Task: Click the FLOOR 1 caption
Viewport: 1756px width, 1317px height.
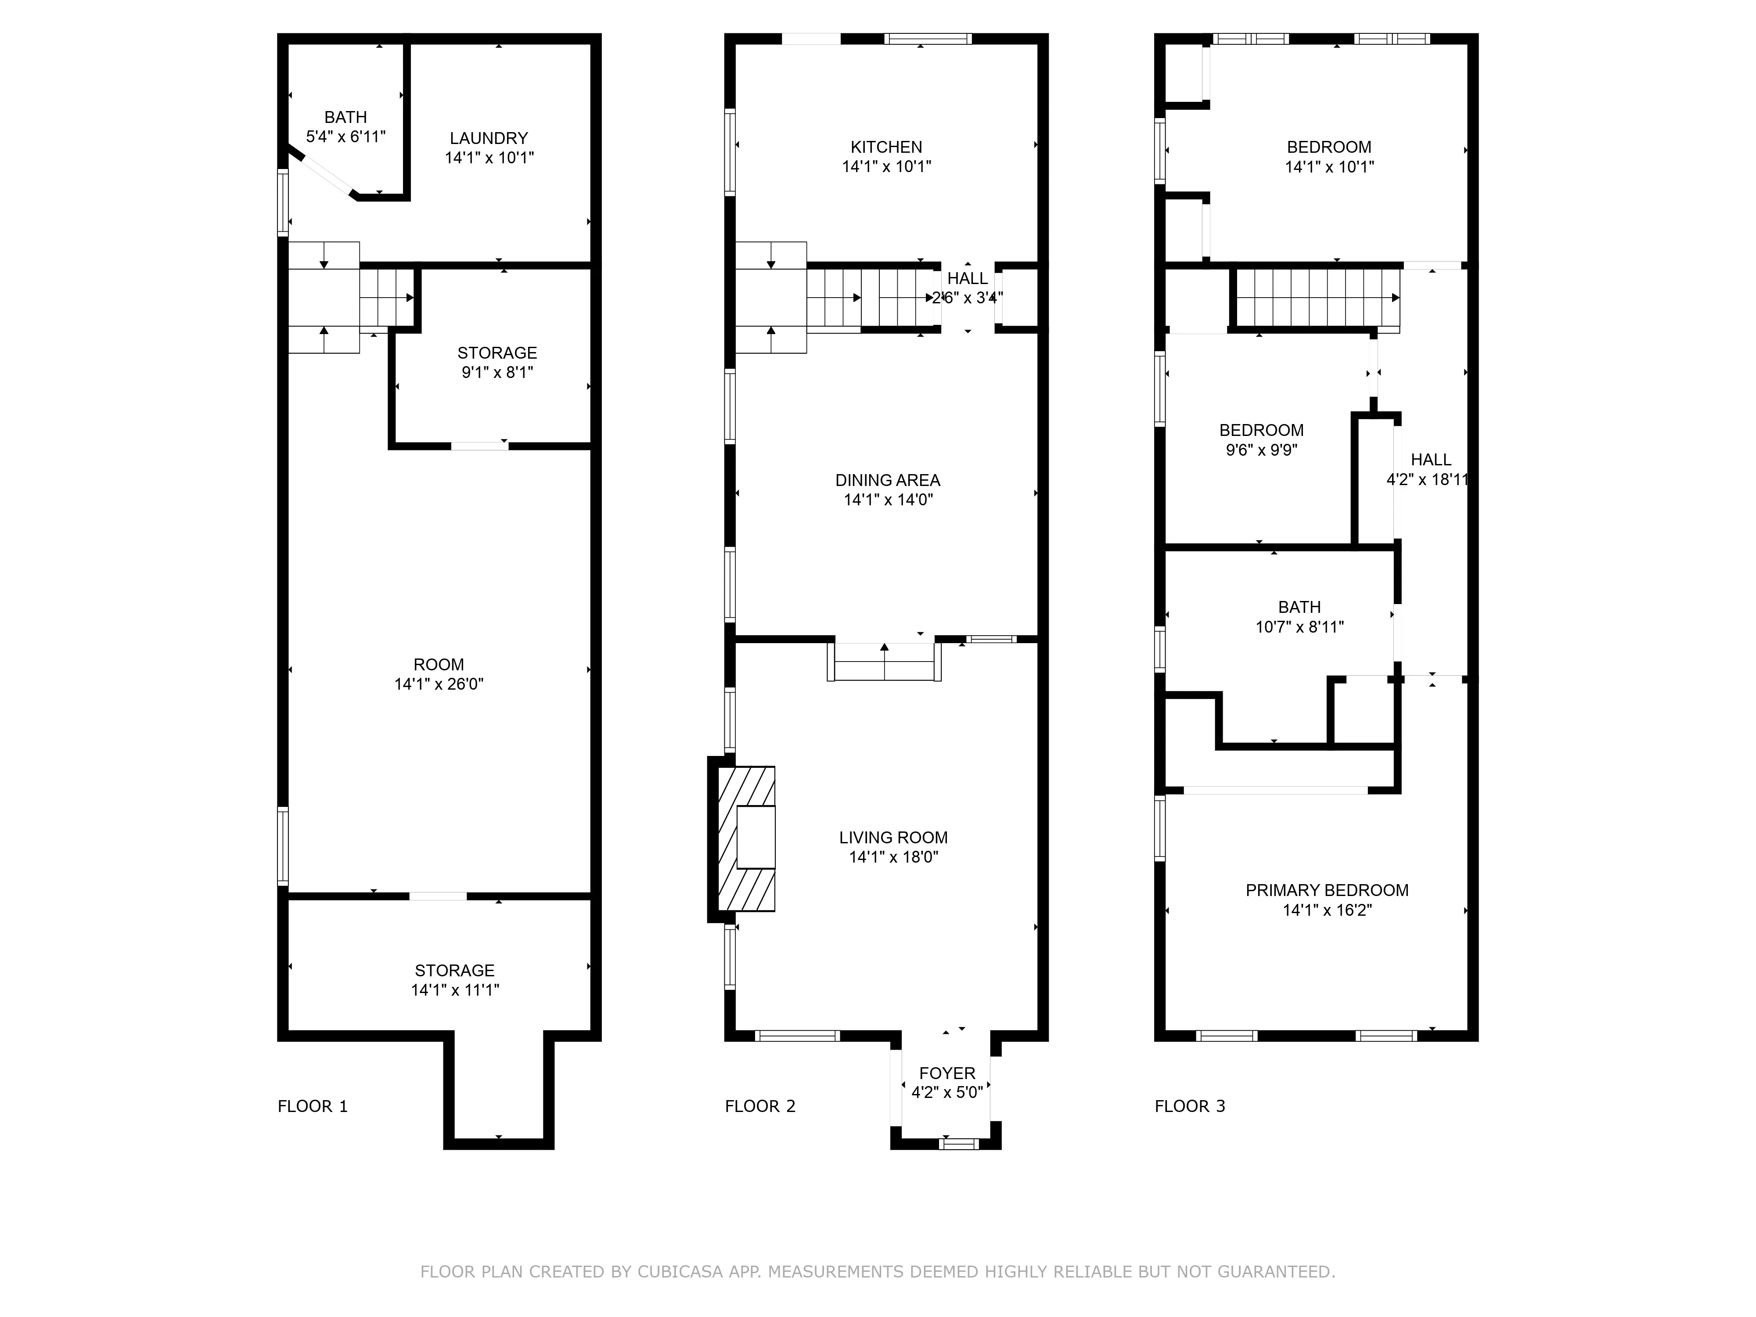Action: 312,1106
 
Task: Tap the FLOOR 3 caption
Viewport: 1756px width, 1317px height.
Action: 1189,1106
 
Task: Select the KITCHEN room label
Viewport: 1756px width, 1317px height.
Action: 886,147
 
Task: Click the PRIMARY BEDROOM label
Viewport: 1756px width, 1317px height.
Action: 1327,890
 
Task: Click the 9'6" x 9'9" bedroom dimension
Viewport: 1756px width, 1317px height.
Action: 1261,450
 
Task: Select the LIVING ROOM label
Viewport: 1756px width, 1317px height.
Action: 893,838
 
